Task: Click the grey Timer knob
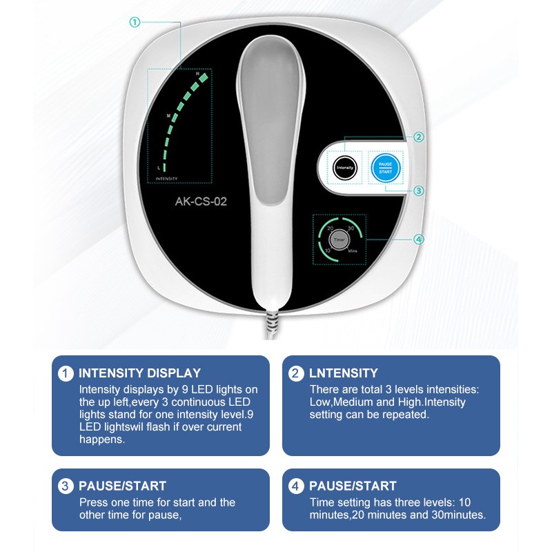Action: point(339,239)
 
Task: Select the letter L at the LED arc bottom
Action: point(159,168)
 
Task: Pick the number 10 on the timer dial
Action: point(328,249)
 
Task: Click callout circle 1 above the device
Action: point(135,22)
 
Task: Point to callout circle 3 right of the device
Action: point(419,190)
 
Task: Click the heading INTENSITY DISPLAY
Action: point(139,373)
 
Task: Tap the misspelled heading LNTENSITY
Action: point(343,373)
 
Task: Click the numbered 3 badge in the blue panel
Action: point(66,486)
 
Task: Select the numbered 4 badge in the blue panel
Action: point(296,486)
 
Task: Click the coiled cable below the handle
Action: point(270,325)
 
